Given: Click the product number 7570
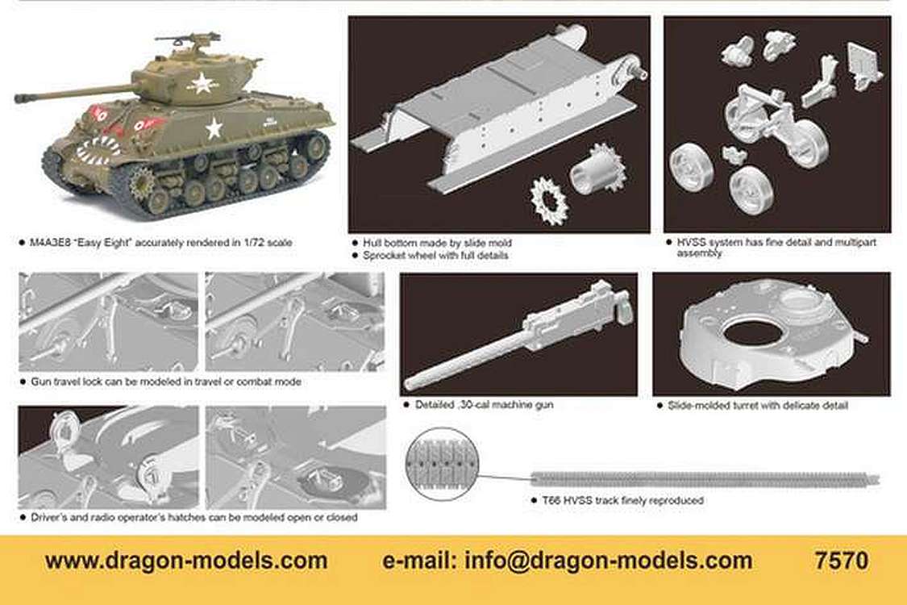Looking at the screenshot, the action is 841,561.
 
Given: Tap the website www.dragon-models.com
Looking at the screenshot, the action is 186,561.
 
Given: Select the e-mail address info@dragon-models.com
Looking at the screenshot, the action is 609,561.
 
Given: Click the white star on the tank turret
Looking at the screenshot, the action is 202,83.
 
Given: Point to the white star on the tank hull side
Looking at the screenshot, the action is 214,128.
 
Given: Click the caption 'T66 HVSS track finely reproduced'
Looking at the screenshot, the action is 623,500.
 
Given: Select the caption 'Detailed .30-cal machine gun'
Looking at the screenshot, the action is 485,405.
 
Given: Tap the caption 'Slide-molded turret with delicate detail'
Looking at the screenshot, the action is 758,405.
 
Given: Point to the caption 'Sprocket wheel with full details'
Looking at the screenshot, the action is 435,256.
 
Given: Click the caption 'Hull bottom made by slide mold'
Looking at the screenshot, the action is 437,243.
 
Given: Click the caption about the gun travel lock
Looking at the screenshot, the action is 166,382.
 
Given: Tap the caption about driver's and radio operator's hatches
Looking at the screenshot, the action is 194,517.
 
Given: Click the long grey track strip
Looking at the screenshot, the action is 705,480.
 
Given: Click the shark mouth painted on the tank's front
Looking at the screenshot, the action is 98,150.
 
